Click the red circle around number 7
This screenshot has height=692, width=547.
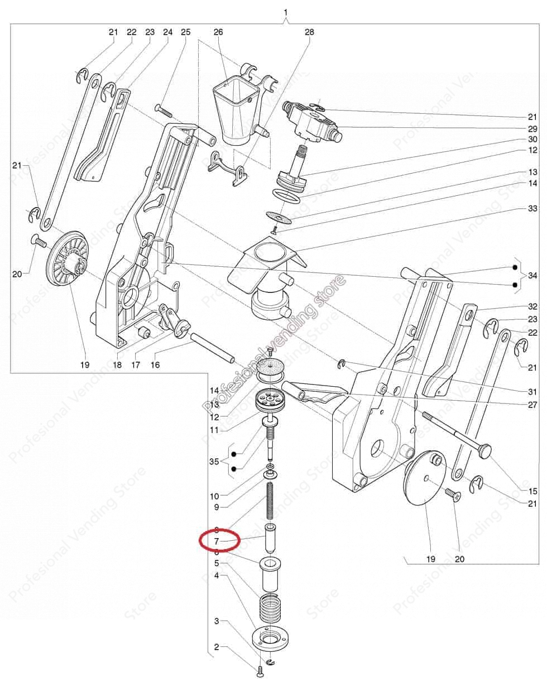coord(219,540)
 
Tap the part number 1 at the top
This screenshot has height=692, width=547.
coord(286,12)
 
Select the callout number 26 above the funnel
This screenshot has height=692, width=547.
coord(218,32)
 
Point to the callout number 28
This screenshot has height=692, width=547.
coord(309,32)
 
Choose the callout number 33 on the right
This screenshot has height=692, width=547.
coord(532,208)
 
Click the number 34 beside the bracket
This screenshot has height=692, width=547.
coord(532,276)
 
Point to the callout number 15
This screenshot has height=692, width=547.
coord(532,491)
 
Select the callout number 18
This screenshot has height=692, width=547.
coord(117,365)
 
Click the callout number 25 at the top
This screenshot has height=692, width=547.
coord(186,32)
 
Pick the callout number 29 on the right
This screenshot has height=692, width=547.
coord(532,128)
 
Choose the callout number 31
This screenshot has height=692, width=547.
coord(532,392)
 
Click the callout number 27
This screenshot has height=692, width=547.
coord(532,405)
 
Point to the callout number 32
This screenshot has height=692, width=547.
coord(532,306)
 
